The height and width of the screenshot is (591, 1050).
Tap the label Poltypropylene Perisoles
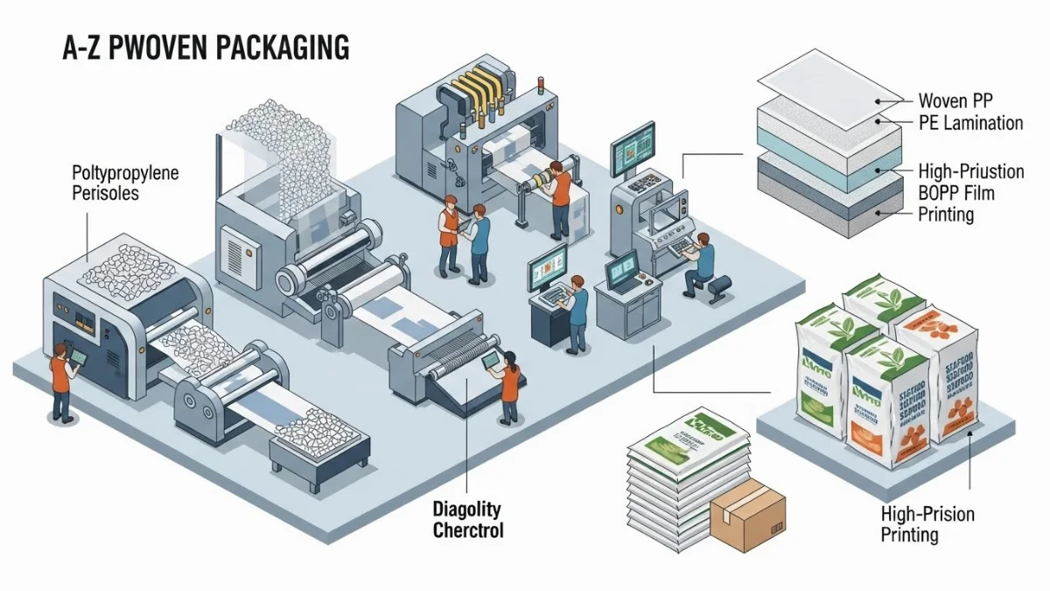click(x=124, y=182)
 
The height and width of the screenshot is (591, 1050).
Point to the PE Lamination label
click(x=970, y=123)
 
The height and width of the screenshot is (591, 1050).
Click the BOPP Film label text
click(x=956, y=193)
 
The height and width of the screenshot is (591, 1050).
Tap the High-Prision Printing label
click(x=927, y=524)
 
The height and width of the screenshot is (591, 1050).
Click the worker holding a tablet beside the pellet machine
click(x=61, y=381)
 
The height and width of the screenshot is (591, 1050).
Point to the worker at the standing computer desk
click(x=577, y=311)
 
